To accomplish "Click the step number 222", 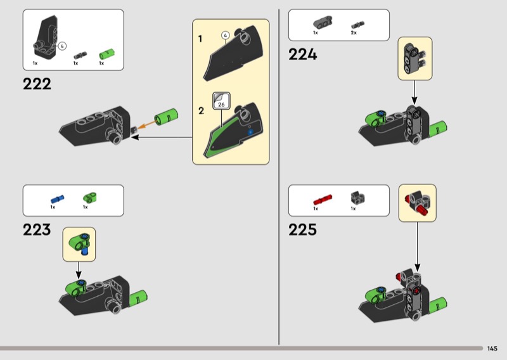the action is pyautogui.click(x=37, y=84).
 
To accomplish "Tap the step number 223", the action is pyautogui.click(x=37, y=229).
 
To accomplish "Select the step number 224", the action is pyautogui.click(x=303, y=54).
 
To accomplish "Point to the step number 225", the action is pyautogui.click(x=303, y=229).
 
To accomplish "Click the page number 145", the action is pyautogui.click(x=492, y=349).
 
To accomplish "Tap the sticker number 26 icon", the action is pyautogui.click(x=221, y=101).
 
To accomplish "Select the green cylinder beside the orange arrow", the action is pyautogui.click(x=166, y=117).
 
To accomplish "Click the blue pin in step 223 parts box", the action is pyautogui.click(x=57, y=199).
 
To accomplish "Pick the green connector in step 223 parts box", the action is pyautogui.click(x=90, y=198).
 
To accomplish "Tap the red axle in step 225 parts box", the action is pyautogui.click(x=323, y=200).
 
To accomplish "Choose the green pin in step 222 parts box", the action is pyautogui.click(x=107, y=54).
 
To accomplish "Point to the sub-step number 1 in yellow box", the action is pyautogui.click(x=200, y=39).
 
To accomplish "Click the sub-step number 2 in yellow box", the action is pyautogui.click(x=201, y=111).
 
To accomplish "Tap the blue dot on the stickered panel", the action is pyautogui.click(x=250, y=132).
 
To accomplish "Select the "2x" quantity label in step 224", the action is pyautogui.click(x=354, y=33).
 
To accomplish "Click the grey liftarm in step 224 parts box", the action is pyautogui.click(x=323, y=22).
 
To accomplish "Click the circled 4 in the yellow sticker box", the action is pyautogui.click(x=226, y=35).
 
